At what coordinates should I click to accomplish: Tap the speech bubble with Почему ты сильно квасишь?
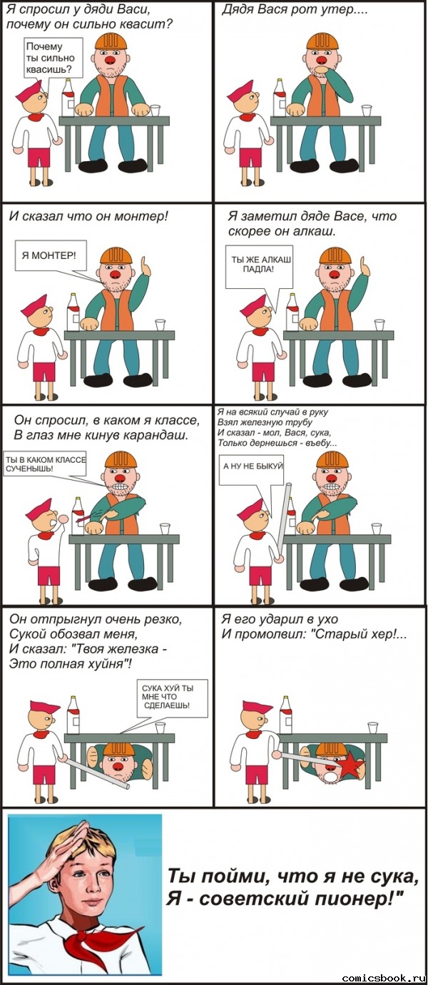coord(51,57)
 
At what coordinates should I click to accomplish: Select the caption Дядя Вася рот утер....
coord(289,12)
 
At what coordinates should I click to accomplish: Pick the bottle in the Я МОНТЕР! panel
coord(73,312)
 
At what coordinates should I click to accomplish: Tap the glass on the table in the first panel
coord(155,110)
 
